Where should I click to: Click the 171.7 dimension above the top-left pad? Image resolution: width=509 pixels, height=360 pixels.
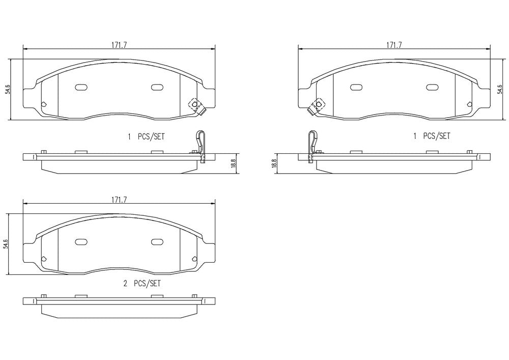(119, 45)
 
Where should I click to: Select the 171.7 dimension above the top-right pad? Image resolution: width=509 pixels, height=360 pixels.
(394, 45)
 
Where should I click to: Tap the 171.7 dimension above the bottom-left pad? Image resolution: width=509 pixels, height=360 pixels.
(119, 200)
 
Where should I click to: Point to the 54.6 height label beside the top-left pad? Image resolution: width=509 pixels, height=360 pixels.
(9, 89)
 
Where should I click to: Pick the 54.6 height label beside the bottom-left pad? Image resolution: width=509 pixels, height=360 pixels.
(6, 243)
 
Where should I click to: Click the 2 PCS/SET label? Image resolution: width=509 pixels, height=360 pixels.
(142, 284)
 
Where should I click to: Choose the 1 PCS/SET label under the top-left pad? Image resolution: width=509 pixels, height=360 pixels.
(146, 136)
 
